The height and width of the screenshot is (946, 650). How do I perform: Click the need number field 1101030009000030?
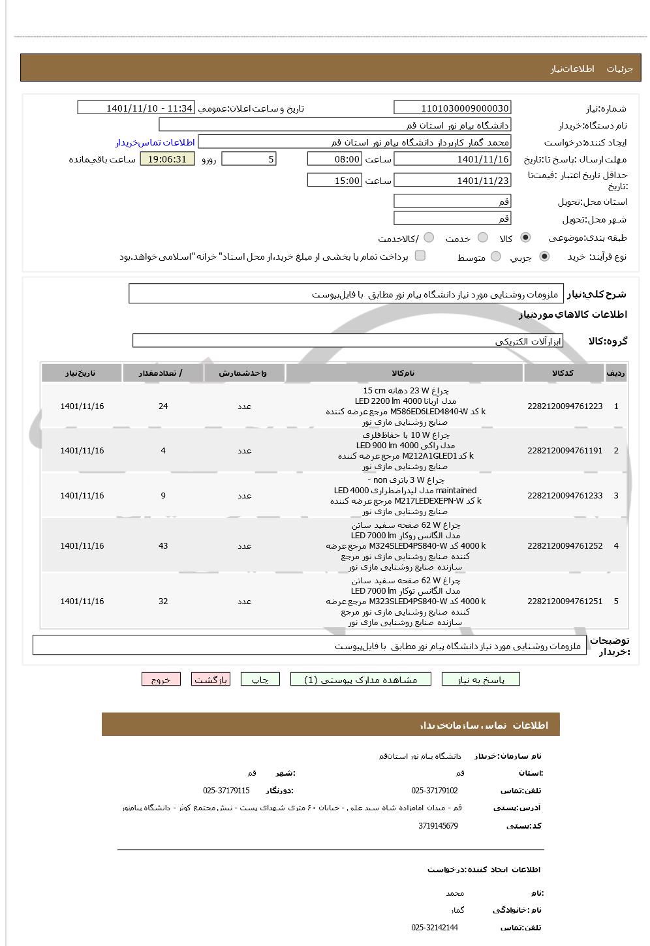pos(452,108)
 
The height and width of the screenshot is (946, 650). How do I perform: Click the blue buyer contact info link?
pos(155,142)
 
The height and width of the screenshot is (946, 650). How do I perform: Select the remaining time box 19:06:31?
pos(167,159)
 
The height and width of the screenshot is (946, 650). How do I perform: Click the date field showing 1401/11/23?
pos(452,181)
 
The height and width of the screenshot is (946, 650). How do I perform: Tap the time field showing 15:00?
pos(333,181)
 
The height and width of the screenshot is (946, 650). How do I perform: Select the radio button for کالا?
pos(525,238)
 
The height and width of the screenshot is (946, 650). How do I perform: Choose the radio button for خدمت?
pos(483,238)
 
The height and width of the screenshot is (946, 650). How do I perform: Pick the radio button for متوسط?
pos(496,257)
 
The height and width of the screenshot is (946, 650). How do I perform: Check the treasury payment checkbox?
pos(420,256)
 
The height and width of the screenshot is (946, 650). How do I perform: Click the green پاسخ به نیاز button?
pos(481,680)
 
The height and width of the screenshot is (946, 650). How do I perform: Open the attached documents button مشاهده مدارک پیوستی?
pos(361,680)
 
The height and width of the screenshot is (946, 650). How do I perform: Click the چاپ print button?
pos(260,680)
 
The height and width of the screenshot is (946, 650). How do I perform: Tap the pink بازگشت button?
pos(211,680)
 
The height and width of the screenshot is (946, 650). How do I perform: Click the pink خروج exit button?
pos(161,680)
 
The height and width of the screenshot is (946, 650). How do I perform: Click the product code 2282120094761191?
pos(565,451)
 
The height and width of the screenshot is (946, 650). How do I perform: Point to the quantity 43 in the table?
pos(163,546)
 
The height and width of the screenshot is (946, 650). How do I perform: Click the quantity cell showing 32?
pos(163,602)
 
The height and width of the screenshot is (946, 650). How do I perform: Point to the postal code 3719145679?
pos(438,826)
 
